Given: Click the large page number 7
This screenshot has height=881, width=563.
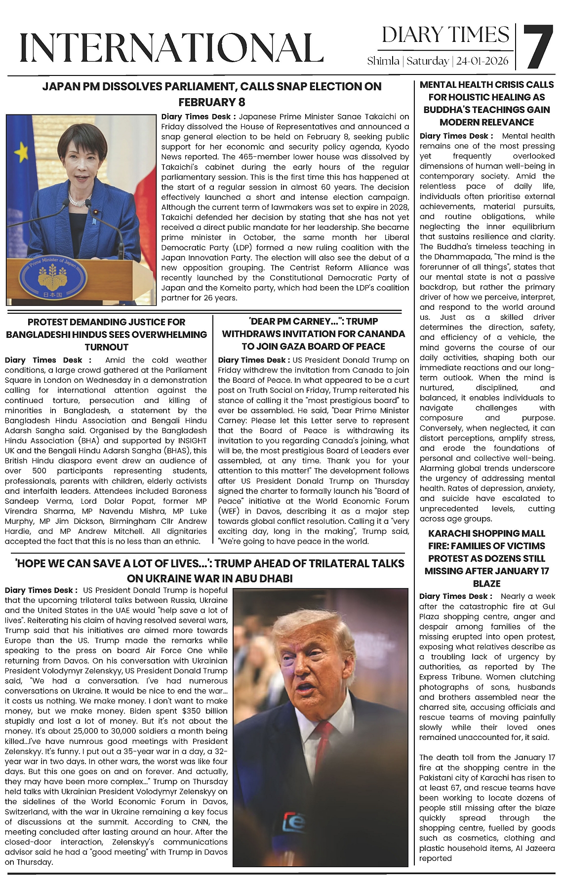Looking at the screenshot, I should click(x=538, y=47).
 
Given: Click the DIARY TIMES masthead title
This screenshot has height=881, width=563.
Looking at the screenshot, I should click(x=445, y=35).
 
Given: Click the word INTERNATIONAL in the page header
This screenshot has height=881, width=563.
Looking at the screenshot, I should click(x=171, y=48).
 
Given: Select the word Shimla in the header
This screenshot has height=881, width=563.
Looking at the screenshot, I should click(x=383, y=61).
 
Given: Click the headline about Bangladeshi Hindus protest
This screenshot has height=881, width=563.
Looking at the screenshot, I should click(x=106, y=334).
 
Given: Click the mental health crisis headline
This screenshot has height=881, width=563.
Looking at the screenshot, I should click(x=486, y=103).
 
